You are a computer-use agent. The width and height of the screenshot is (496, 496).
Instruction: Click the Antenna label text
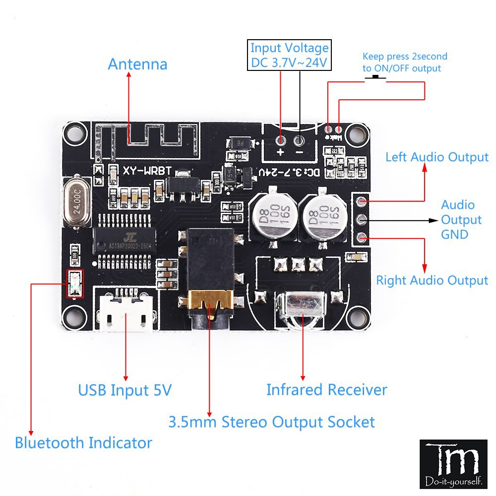tap(137, 64)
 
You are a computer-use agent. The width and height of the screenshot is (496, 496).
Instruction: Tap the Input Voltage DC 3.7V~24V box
tap(289, 56)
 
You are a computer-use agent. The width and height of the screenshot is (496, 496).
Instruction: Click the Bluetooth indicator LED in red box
tap(75, 284)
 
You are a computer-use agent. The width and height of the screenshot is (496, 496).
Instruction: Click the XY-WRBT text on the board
tap(147, 171)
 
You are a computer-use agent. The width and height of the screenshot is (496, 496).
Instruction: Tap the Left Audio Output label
tap(437, 157)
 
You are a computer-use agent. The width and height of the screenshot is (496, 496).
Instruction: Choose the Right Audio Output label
tap(432, 280)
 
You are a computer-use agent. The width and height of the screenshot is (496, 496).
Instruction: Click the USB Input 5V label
tap(124, 390)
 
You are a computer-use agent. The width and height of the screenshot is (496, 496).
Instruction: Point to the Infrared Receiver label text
tap(326, 389)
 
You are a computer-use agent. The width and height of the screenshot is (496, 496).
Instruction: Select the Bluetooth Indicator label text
tap(83, 442)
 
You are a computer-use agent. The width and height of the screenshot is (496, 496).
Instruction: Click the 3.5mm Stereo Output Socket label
tap(271, 422)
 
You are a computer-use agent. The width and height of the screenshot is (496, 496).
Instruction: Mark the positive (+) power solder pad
tap(280, 139)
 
